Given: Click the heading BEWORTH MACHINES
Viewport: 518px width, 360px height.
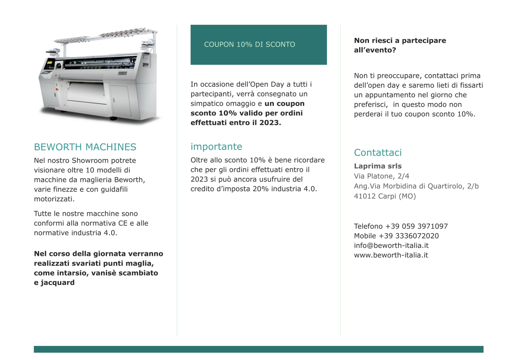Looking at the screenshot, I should (85, 147).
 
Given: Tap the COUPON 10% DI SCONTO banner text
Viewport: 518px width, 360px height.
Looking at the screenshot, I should (250, 44).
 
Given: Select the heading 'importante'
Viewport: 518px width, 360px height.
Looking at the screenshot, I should (216, 147).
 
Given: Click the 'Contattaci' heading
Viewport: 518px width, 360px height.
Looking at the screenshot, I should (378, 153).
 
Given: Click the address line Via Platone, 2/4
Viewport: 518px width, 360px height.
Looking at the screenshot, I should (381, 176).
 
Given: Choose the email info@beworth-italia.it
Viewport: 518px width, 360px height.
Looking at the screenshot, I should (391, 245).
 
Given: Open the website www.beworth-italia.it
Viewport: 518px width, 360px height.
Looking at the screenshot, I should (391, 255).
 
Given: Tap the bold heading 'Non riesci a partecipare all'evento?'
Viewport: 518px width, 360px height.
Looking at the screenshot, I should (399, 45).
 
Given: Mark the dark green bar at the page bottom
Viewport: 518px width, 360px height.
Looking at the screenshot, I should (259, 349).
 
